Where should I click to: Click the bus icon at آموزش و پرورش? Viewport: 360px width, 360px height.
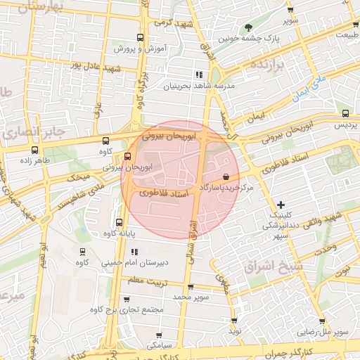point(140,38)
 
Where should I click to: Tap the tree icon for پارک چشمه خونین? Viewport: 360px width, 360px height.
point(248,27)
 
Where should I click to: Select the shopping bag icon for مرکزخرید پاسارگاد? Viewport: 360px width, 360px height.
point(225,176)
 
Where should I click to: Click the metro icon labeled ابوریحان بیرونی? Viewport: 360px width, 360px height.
point(127,156)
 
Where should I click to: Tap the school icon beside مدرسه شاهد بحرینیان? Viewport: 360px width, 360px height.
point(199,74)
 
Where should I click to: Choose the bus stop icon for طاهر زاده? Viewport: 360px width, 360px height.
point(35,149)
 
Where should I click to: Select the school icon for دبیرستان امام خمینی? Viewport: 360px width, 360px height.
point(134,252)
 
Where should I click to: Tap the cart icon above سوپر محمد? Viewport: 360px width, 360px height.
point(190,286)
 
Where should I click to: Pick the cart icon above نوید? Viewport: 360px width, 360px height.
point(234,320)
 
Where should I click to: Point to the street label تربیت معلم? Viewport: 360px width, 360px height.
point(145,281)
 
